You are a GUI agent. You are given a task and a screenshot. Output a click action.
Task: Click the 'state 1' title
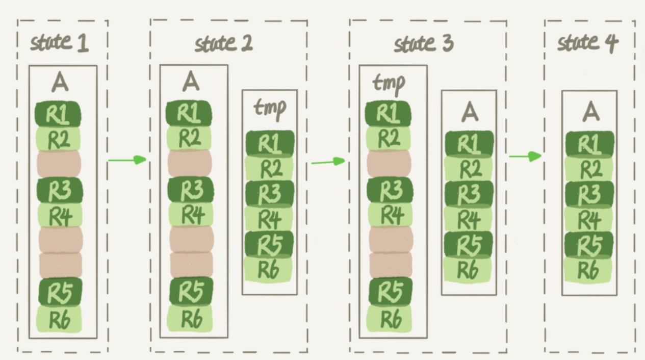pos(59,43)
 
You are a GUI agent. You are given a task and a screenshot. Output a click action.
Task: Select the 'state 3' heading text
pos(423,44)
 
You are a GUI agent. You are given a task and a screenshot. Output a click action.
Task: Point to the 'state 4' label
pos(587,43)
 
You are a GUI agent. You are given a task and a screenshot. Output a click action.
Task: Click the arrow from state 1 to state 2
pos(127,160)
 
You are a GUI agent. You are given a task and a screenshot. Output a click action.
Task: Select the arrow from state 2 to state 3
pos(328,162)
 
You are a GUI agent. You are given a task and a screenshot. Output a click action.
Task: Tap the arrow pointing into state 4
pos(525,156)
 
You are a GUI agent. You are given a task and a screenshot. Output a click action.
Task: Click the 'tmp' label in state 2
pos(269,108)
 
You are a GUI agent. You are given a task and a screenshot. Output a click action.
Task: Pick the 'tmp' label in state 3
pos(389,82)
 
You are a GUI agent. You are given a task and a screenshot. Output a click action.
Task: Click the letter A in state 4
pos(590,111)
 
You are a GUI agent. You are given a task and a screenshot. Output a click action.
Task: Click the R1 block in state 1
pos(58,114)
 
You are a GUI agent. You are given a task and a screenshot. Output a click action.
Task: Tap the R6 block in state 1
pos(59,319)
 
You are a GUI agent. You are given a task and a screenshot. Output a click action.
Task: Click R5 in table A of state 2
pos(189,291)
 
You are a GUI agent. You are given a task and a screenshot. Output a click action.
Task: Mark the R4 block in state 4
pos(589,219)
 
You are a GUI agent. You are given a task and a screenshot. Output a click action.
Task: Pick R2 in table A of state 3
pos(469,168)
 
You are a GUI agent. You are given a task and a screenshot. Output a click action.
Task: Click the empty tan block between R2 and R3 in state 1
pos(59,163)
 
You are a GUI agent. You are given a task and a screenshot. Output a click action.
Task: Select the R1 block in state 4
pos(589,144)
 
